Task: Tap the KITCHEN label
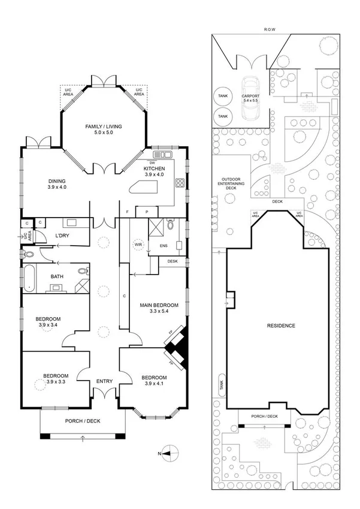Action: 155,169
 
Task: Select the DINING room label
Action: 57,182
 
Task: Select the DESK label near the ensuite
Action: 173,261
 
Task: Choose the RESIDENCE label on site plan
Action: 280,326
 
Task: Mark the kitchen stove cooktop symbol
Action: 179,182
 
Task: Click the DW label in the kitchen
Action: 152,162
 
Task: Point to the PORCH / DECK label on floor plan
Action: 83,421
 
